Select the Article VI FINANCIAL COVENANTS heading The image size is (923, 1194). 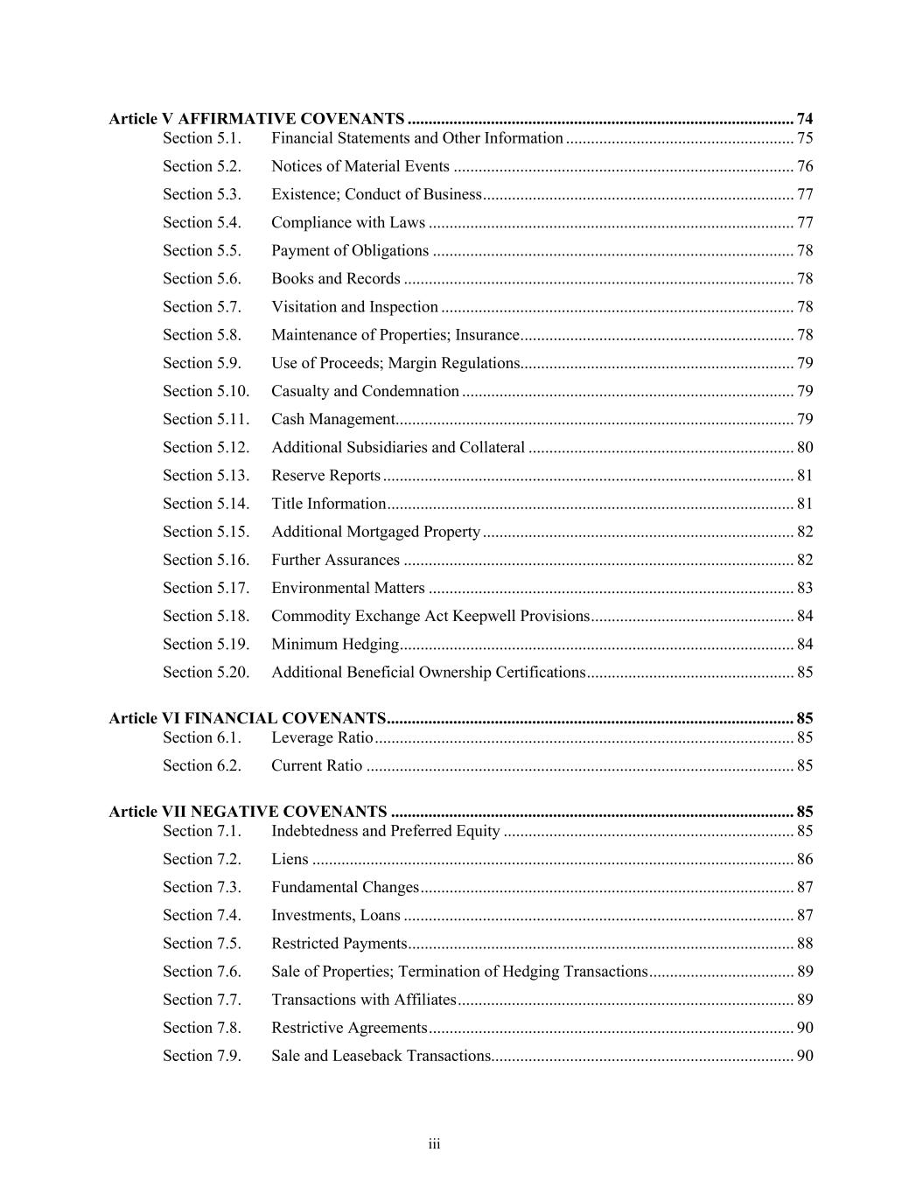[x=248, y=719]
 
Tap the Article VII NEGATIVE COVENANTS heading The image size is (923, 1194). [x=248, y=812]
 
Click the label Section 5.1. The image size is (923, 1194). [x=202, y=138]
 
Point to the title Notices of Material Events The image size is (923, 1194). [x=360, y=166]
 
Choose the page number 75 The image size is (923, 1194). [x=805, y=138]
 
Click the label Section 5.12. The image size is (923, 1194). [x=206, y=448]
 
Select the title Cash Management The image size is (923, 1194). [x=333, y=420]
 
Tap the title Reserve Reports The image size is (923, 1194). [x=325, y=476]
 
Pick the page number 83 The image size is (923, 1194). [x=805, y=588]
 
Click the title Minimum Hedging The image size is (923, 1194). [x=335, y=645]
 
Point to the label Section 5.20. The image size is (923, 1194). [x=206, y=673]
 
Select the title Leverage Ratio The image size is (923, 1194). [x=322, y=737]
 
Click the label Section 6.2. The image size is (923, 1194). [x=202, y=765]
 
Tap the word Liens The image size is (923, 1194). [x=290, y=859]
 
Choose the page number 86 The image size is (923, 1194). [x=805, y=859]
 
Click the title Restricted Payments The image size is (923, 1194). [x=339, y=944]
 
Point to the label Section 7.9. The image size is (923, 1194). [x=202, y=1056]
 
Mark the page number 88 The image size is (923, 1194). [x=805, y=944]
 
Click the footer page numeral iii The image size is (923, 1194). [x=434, y=1145]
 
